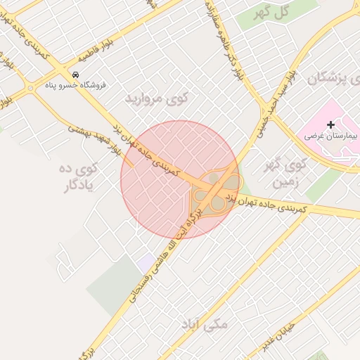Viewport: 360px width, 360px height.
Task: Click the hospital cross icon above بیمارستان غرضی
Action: point(330,124)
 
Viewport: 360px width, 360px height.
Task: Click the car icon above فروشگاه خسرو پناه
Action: point(75,75)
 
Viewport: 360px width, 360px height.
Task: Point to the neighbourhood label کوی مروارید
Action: point(153,98)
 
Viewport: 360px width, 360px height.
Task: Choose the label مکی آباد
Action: point(205,324)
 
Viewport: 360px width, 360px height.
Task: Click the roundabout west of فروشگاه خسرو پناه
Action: point(30,89)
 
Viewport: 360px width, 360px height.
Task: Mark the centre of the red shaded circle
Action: point(179,179)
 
